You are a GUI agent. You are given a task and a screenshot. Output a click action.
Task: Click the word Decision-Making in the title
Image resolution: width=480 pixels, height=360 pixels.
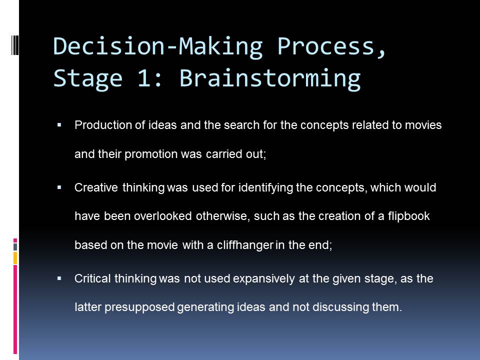(158, 46)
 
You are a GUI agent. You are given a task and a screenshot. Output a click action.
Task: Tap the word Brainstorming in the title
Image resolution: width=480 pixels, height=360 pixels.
(269, 78)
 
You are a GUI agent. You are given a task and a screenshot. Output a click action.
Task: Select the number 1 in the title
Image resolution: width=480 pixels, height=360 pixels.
(144, 78)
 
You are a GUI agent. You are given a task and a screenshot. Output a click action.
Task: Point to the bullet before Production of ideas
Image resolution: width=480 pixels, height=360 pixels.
(59, 125)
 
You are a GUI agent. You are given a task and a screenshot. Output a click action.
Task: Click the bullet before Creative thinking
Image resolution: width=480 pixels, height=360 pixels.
(59, 187)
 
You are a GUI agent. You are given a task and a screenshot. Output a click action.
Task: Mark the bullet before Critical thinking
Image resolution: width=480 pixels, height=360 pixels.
(59, 278)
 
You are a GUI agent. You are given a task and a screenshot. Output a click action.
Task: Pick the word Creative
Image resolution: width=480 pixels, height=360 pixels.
(96, 187)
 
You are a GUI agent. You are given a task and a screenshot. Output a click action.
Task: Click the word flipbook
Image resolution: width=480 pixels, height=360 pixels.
(409, 216)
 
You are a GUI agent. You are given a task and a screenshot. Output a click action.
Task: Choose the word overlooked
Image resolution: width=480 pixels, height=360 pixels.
(163, 216)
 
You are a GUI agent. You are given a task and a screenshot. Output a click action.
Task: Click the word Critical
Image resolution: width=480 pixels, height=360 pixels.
(92, 278)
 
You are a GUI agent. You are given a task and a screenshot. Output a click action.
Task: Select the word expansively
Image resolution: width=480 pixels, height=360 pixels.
(264, 279)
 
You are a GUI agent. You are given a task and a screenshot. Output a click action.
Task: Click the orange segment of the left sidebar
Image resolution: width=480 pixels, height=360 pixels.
(15, 258)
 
